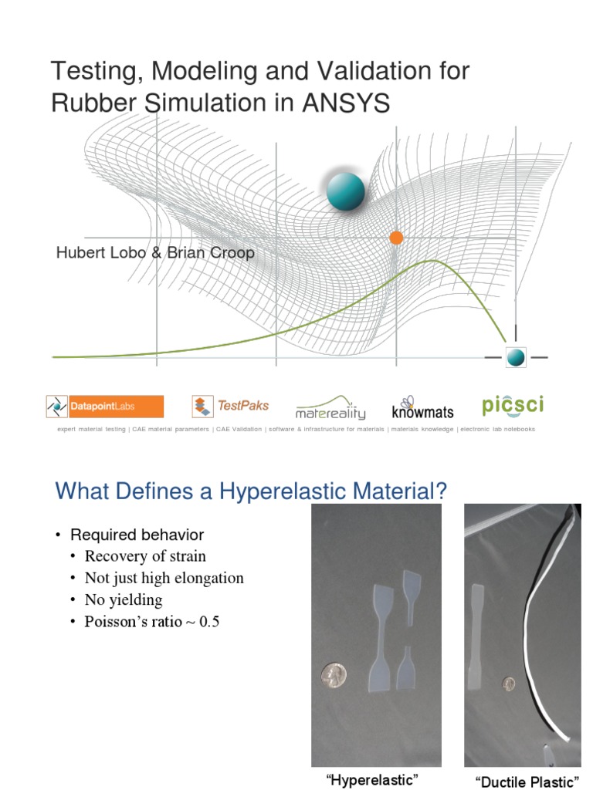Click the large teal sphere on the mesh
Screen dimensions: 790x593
(345, 191)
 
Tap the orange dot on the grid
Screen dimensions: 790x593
(397, 238)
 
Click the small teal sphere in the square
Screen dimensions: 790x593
(516, 357)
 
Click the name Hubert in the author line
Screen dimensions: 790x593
(80, 253)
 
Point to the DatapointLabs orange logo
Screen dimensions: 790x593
(104, 407)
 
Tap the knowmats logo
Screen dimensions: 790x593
(423, 409)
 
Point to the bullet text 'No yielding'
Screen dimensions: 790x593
(124, 599)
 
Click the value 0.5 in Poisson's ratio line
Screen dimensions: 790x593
(209, 621)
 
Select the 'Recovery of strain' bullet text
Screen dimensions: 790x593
(145, 556)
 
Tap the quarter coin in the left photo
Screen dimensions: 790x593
(334, 677)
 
